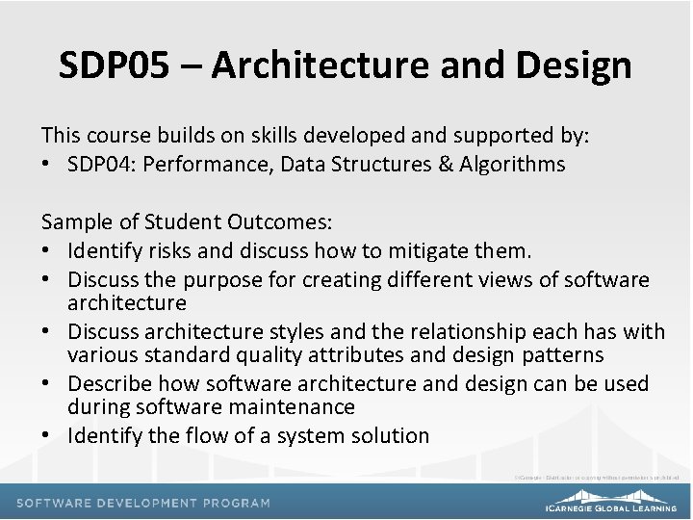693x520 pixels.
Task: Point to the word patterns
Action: click(x=562, y=354)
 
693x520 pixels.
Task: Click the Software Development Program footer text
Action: click(x=142, y=503)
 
